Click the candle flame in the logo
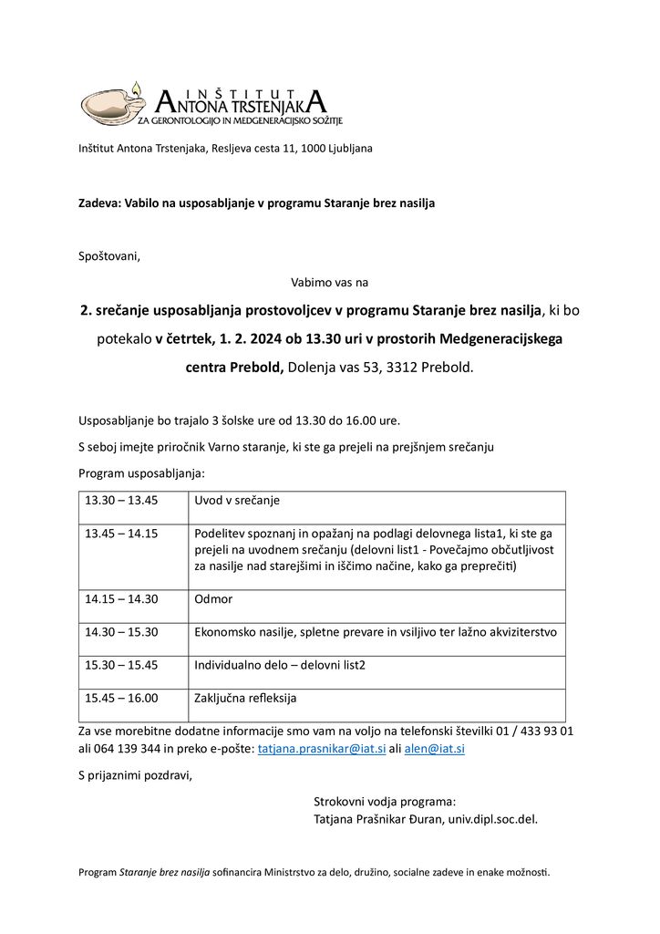click(x=136, y=88)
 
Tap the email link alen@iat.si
click(x=435, y=749)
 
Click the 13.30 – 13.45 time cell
click(x=121, y=501)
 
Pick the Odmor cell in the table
click(x=213, y=599)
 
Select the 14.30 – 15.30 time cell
click(x=121, y=632)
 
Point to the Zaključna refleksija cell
click(x=245, y=698)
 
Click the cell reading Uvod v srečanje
click(x=237, y=501)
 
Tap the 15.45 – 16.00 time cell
click(x=121, y=698)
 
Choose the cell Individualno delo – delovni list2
click(x=280, y=665)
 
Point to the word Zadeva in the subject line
click(x=98, y=202)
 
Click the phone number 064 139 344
click(x=124, y=749)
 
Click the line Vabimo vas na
click(x=329, y=283)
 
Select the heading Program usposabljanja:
click(x=141, y=473)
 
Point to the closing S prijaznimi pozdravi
click(x=136, y=776)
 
